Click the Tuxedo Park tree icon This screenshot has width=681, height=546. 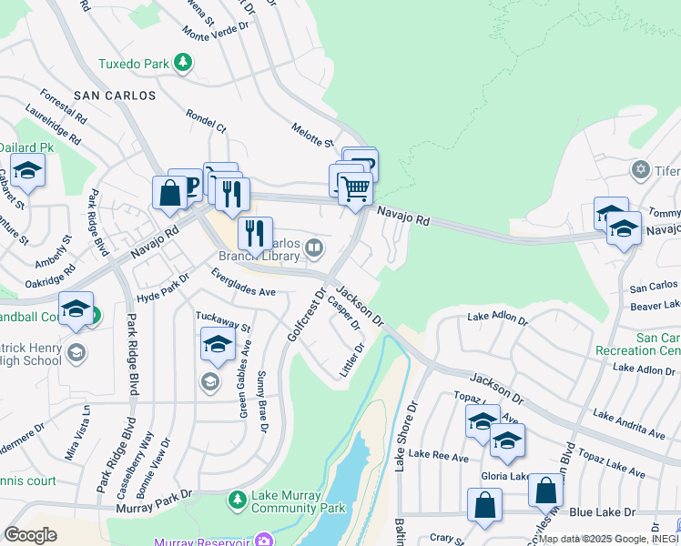pyautogui.click(x=184, y=62)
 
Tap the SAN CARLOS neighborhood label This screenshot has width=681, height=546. pyautogui.click(x=115, y=96)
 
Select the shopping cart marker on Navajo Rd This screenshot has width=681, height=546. pyautogui.click(x=355, y=190)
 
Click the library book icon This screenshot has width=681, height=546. pyautogui.click(x=314, y=248)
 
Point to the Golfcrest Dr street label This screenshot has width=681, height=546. pyautogui.click(x=306, y=315)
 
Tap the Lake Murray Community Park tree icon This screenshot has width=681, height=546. pyautogui.click(x=237, y=500)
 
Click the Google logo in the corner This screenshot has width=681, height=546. pyautogui.click(x=30, y=535)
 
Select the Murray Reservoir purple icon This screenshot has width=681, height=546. pyautogui.click(x=264, y=541)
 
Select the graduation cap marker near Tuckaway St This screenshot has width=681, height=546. pyautogui.click(x=217, y=344)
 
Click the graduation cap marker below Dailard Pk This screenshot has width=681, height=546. pyautogui.click(x=28, y=170)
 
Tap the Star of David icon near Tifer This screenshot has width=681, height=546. pyautogui.click(x=639, y=170)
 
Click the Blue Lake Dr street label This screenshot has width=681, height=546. pyautogui.click(x=602, y=513)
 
